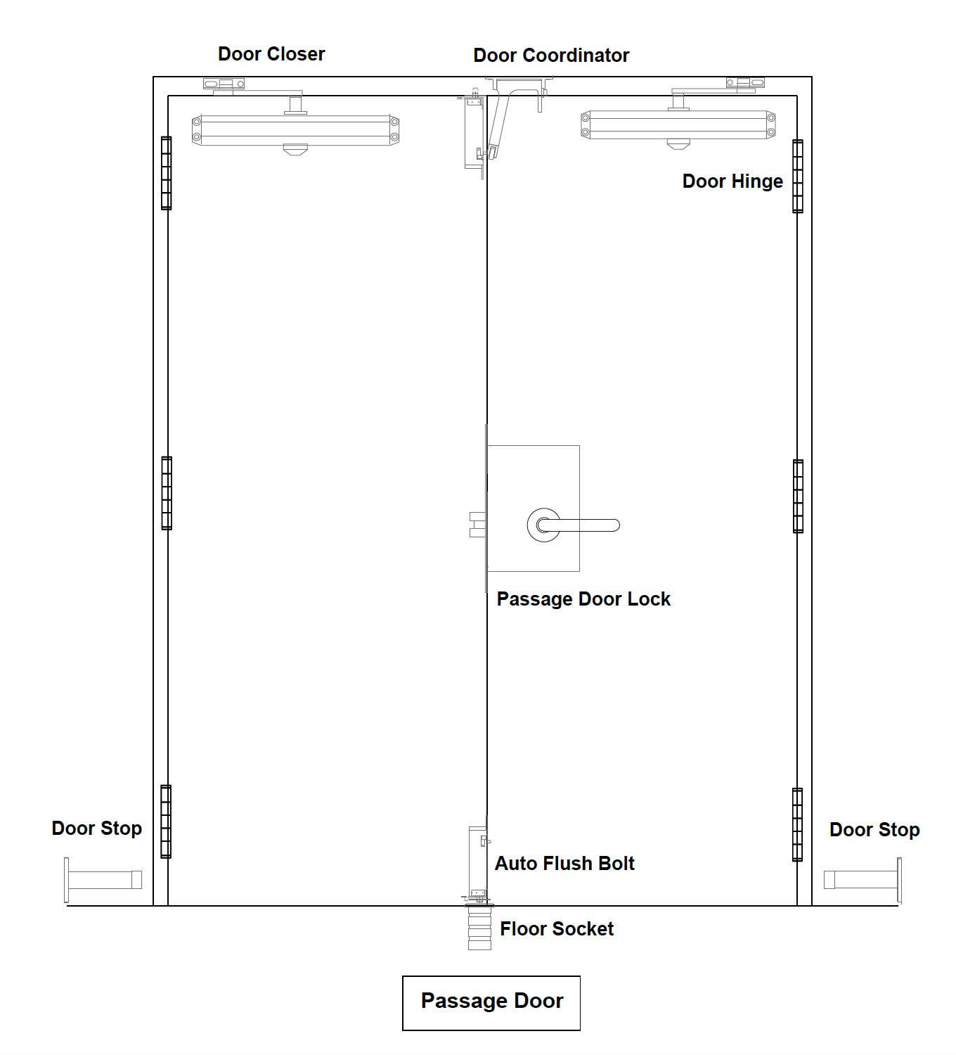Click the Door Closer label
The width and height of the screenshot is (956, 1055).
(x=271, y=54)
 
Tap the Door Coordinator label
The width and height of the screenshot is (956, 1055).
(x=551, y=56)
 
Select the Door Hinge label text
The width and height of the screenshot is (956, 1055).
(x=732, y=181)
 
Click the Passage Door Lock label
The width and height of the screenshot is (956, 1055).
(x=583, y=599)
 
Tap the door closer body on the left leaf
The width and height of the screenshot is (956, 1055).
(x=295, y=130)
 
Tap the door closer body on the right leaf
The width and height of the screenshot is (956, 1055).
(x=678, y=125)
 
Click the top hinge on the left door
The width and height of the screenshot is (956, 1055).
(x=166, y=173)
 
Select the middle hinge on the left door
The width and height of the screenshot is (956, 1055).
(x=166, y=493)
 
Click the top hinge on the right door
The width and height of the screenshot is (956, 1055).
(x=798, y=176)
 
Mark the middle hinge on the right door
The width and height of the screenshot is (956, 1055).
(x=798, y=496)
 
